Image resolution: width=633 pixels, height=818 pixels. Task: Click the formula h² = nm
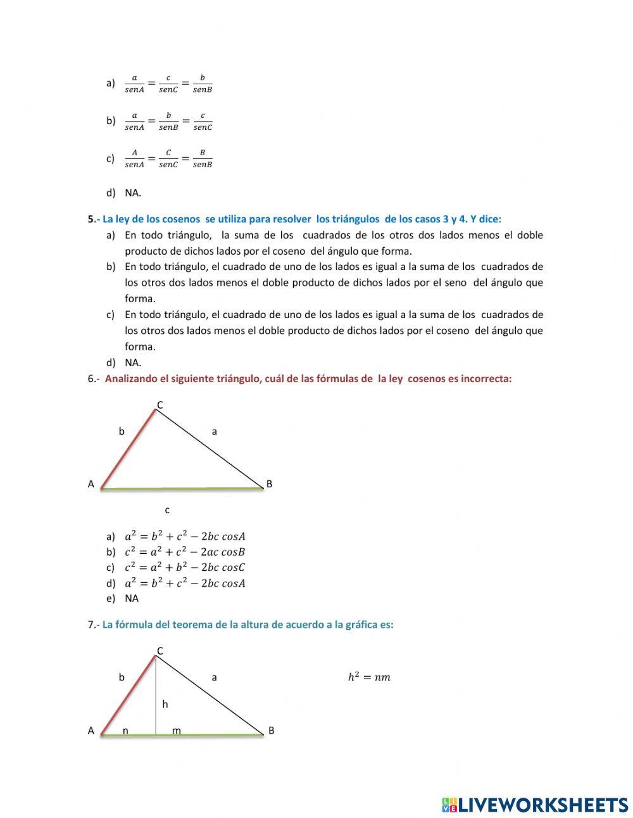click(x=369, y=677)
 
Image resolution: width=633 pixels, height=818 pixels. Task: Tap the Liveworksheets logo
click(x=535, y=805)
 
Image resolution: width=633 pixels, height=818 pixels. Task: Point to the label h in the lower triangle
click(x=165, y=704)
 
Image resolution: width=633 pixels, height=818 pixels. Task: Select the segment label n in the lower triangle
click(x=125, y=731)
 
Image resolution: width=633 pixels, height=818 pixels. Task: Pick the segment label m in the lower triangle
click(x=177, y=731)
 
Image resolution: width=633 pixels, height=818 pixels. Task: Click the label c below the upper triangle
click(x=167, y=509)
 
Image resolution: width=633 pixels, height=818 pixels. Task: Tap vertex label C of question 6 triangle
click(x=160, y=405)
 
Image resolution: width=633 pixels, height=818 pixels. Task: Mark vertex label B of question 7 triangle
click(x=271, y=731)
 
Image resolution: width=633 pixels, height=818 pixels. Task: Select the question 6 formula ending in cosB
click(x=184, y=552)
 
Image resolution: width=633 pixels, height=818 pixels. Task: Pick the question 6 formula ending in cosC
click(x=184, y=567)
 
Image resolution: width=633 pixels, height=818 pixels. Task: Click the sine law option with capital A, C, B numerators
click(x=168, y=158)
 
